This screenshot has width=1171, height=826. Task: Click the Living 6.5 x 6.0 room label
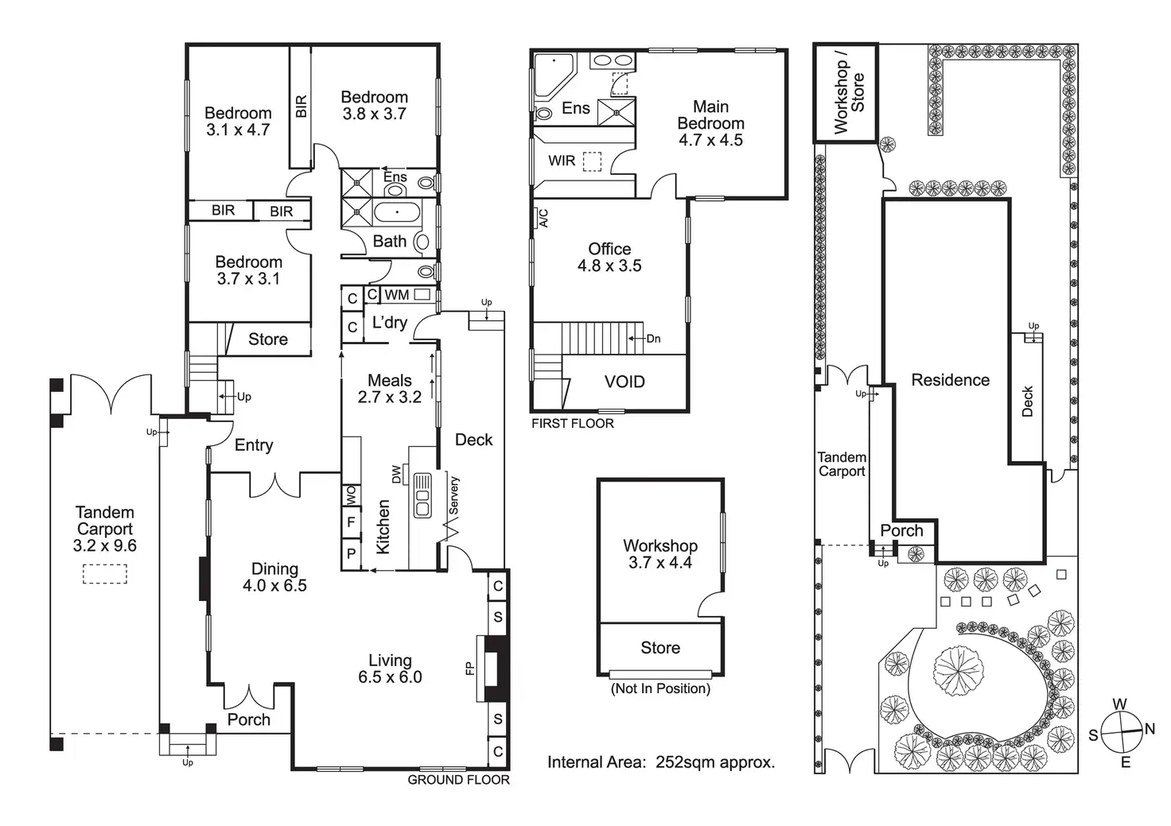[390, 669]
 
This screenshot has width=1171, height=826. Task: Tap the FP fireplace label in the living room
[469, 669]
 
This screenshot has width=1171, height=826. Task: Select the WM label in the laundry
[397, 295]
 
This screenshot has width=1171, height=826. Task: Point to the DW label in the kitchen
[396, 475]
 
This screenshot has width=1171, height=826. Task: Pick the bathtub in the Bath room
[397, 212]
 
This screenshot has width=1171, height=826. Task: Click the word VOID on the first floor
[624, 382]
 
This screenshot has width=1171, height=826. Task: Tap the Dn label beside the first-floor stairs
[653, 339]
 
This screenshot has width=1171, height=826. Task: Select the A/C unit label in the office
[543, 218]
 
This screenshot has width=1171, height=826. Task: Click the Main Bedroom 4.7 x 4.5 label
[710, 123]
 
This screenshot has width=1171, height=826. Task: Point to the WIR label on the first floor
[562, 161]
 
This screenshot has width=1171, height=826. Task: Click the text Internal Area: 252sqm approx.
[661, 762]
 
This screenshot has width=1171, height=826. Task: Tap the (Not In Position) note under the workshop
[661, 688]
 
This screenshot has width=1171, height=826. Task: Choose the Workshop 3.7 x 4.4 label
[660, 554]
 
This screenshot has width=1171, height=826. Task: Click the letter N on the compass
[1150, 729]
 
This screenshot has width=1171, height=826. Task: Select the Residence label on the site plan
[951, 380]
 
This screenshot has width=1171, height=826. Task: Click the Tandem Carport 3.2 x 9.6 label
[104, 529]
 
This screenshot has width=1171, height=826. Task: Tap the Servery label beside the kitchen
[453, 495]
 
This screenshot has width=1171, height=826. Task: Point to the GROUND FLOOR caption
[458, 780]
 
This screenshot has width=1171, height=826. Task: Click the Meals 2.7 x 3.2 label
[390, 389]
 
